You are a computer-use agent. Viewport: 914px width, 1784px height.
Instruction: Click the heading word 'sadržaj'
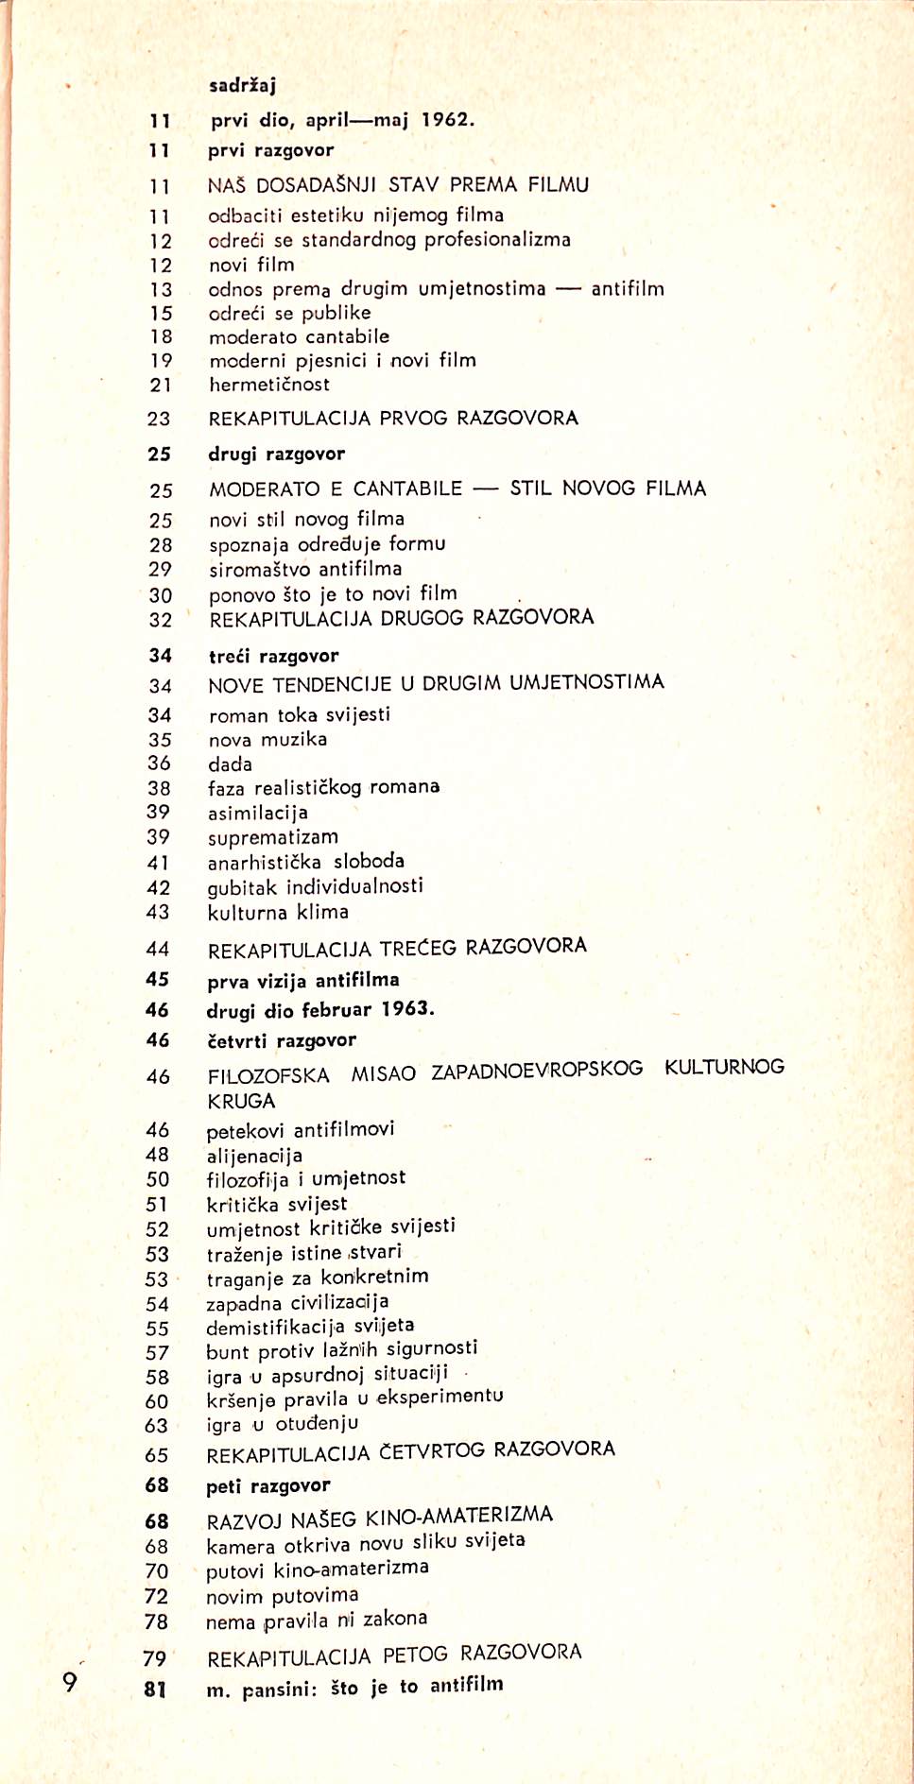point(242,86)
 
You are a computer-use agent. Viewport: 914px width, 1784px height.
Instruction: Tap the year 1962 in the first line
point(446,120)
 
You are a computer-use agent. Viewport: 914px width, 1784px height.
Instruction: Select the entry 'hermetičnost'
point(269,385)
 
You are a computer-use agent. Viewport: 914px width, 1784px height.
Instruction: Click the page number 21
point(161,385)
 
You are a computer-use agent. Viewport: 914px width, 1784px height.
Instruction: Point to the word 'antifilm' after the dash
point(628,289)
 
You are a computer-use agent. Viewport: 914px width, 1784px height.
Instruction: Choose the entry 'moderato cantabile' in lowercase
point(299,336)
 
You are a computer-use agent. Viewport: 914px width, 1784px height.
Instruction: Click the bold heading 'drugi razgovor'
point(277,455)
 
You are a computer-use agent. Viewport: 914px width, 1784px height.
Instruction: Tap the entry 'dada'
point(230,764)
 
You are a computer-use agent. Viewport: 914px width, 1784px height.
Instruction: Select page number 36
point(160,763)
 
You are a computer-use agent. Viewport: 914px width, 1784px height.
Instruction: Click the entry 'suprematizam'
point(273,837)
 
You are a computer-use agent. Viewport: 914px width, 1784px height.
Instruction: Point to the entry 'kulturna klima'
point(278,912)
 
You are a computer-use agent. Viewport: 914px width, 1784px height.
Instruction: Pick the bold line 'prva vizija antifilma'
point(303,981)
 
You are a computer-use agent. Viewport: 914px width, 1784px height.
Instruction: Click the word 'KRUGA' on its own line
point(241,1102)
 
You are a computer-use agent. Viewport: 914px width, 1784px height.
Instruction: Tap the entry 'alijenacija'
point(254,1156)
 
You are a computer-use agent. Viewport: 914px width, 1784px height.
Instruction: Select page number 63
point(157,1426)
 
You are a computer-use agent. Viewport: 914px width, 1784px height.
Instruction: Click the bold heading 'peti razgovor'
point(268,1486)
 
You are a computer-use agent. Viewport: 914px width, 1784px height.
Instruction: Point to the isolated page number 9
point(69,1682)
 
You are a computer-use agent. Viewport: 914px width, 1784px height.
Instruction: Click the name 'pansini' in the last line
point(279,1690)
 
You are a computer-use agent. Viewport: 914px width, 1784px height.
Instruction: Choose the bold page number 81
point(155,1689)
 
